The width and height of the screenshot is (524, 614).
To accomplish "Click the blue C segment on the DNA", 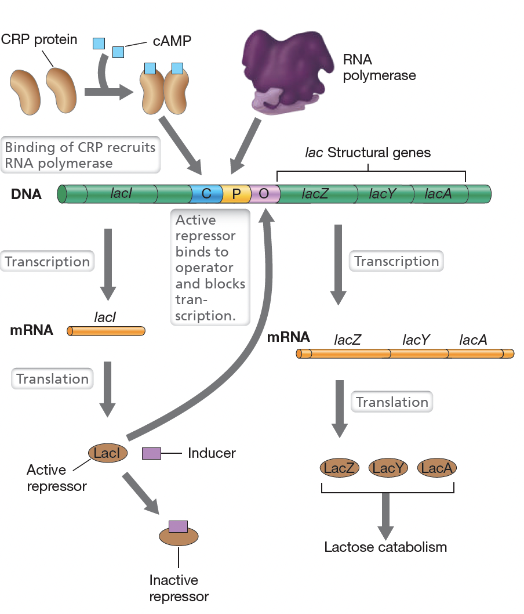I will (x=206, y=194).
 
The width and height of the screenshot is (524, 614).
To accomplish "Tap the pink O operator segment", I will (x=264, y=194).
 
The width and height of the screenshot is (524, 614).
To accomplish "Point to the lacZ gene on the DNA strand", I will (x=315, y=194).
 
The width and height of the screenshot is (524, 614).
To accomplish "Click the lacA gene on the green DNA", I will (x=438, y=194).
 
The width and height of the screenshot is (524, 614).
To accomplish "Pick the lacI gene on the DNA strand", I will (x=121, y=194).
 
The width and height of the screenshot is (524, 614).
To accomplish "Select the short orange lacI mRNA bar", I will (x=106, y=331).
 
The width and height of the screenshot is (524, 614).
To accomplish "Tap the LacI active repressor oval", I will (x=107, y=453).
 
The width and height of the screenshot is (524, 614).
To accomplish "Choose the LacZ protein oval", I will (x=340, y=467).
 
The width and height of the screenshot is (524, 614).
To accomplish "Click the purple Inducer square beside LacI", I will (x=151, y=453).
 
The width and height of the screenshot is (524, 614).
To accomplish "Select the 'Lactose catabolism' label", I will (x=385, y=547).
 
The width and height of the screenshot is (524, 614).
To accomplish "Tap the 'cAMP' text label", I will (x=172, y=41).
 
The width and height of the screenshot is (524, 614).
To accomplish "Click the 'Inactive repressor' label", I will (x=179, y=588).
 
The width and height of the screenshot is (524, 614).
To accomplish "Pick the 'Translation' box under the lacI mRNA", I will (x=52, y=379).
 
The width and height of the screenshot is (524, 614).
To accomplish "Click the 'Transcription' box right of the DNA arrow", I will (x=396, y=261).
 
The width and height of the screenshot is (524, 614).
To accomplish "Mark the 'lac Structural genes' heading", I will (x=368, y=153).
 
